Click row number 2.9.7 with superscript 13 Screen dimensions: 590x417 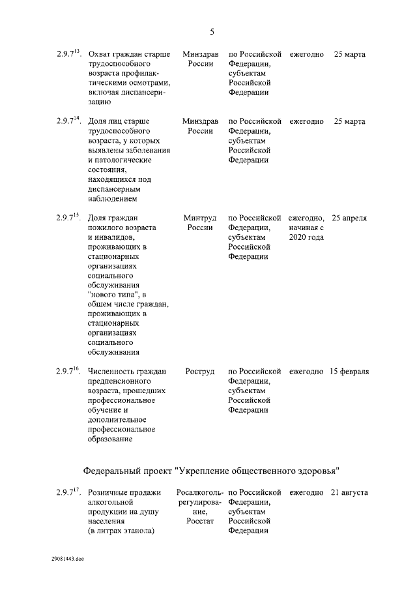68,53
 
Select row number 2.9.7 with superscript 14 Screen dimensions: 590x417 68,121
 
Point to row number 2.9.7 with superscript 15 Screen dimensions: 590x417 68,217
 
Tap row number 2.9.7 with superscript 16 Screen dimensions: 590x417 68,371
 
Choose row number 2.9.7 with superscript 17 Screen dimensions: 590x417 68,492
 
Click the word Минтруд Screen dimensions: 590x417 200,217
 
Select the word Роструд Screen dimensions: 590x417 200,372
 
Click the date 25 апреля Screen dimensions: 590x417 349,217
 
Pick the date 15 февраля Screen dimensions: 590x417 349,372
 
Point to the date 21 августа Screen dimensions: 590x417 349,492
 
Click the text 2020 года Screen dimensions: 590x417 306,237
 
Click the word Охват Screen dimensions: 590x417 100,54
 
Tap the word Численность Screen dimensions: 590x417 113,372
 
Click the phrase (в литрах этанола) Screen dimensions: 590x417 121,531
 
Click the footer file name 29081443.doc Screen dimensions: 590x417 68,559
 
